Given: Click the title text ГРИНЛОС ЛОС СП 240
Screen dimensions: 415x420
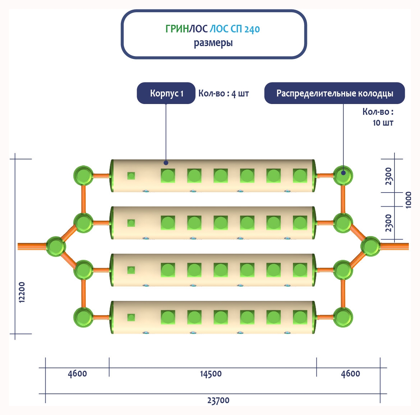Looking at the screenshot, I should point(212,29).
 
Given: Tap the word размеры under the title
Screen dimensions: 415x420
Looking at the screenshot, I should point(213,43).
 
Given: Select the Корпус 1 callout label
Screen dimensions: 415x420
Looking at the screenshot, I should point(166,94).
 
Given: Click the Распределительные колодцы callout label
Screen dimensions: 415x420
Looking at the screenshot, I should point(334,94).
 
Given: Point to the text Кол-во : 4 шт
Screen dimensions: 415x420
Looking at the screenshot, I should point(223,94).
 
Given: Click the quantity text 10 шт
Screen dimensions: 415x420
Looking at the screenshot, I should point(383,123).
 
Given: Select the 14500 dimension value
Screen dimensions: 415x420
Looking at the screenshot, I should point(211,374).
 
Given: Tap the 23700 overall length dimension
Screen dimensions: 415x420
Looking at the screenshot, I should point(218,400).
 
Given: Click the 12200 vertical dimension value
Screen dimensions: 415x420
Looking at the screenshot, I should point(22,292).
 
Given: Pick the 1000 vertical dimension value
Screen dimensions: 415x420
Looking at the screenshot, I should point(408,199).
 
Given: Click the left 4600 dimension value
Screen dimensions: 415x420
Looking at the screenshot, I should point(77,374).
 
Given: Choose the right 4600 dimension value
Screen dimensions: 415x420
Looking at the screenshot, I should point(350,374).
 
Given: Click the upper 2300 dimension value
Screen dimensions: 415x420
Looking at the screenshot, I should point(388,176).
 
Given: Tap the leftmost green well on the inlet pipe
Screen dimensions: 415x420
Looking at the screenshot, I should point(56,247).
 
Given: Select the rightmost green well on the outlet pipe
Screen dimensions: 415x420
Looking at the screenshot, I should point(370,247).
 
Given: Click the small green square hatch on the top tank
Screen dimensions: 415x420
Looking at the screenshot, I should point(131,176).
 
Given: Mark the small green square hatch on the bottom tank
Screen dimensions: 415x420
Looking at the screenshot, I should point(131,317).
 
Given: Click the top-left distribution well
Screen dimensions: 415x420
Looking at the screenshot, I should point(83,176).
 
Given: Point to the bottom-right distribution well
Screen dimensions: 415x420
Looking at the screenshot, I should point(343,317).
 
